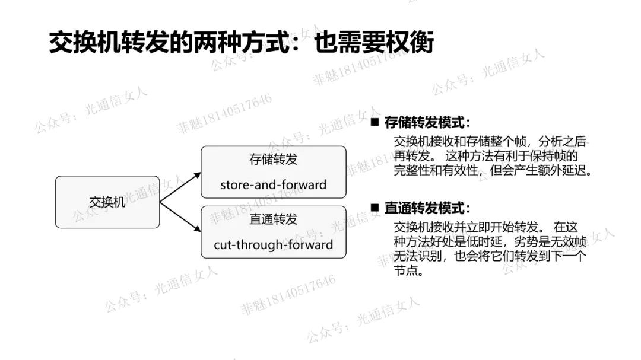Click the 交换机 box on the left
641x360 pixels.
[x=107, y=202]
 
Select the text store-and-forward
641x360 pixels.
[x=273, y=184]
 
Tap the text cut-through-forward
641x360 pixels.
[x=273, y=244]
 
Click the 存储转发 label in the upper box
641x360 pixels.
[x=273, y=160]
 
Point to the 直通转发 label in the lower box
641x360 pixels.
[x=273, y=219]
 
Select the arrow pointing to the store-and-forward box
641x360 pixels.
[x=182, y=187]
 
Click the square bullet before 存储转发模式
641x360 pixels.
[x=375, y=122]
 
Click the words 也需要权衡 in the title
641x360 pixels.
[x=374, y=43]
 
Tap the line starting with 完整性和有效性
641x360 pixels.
[x=493, y=171]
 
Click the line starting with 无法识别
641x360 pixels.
[x=490, y=257]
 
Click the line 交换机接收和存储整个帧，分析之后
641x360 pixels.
[x=490, y=142]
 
